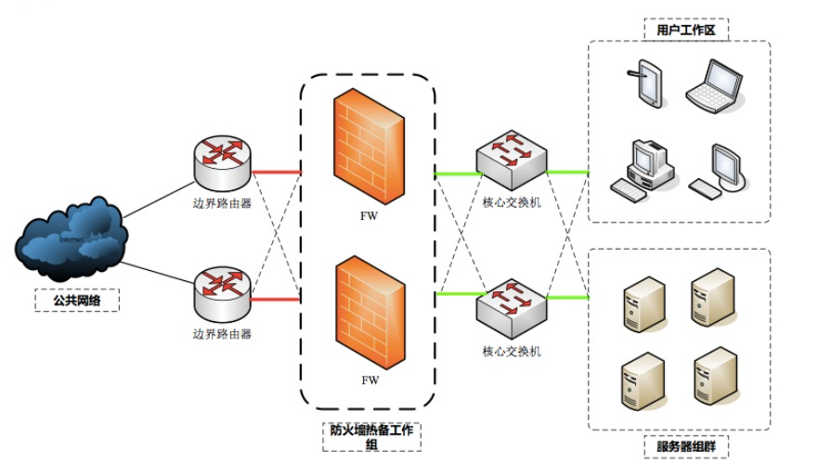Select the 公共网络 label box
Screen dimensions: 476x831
click(x=76, y=301)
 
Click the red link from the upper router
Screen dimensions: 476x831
click(x=277, y=171)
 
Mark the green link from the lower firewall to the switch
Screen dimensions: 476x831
click(x=455, y=294)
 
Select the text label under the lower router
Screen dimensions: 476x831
click(x=222, y=332)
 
